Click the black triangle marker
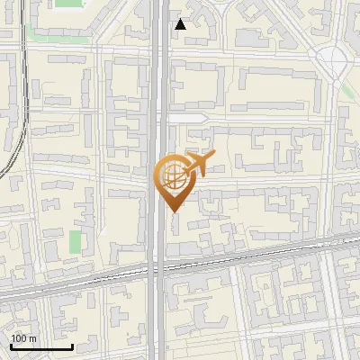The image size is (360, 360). [180, 24]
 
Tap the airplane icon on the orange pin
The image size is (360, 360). [201, 164]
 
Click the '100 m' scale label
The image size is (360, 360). [23, 337]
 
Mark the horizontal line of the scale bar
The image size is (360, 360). [41, 346]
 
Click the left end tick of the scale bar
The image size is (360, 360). [11, 345]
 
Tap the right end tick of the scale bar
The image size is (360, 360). [72, 345]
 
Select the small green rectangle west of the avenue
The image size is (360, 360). [75, 240]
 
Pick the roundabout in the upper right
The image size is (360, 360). [333, 60]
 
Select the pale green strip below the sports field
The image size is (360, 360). [54, 31]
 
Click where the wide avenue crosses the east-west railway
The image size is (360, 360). [158, 266]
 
